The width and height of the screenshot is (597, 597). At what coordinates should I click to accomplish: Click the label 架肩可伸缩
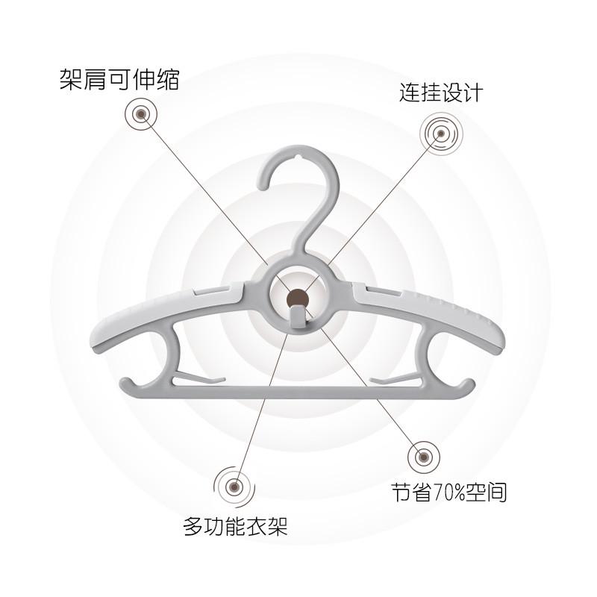click(119, 79)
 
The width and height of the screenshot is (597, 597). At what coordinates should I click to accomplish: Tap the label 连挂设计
click(440, 93)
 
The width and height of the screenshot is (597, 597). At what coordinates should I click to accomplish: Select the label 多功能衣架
click(235, 528)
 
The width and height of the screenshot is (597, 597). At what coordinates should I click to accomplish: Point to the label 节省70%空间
click(449, 493)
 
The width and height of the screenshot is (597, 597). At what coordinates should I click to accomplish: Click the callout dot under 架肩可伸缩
click(140, 113)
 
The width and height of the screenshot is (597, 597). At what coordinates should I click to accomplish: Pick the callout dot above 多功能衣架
click(234, 486)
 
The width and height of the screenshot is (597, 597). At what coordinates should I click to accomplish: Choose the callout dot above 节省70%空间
click(422, 456)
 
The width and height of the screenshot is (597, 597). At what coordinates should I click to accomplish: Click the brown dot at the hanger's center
click(298, 298)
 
